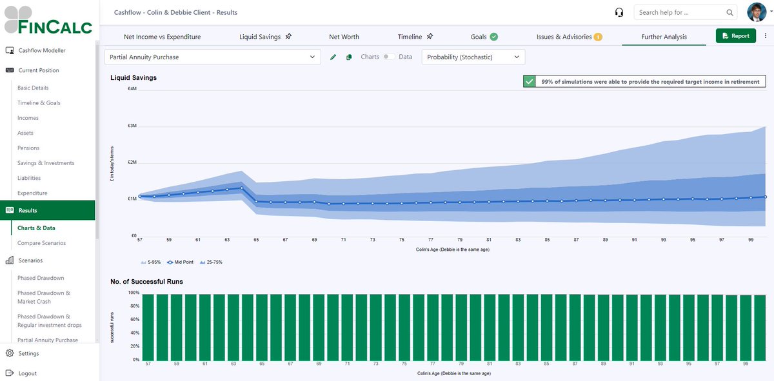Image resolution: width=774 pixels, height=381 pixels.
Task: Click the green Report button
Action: [x=735, y=36]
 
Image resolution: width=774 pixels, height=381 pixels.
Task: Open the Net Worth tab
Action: [x=344, y=37]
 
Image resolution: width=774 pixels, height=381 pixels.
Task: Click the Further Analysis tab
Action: [x=664, y=37]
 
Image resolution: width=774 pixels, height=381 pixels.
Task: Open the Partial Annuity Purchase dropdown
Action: [x=212, y=57]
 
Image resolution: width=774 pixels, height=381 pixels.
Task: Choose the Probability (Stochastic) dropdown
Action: [x=473, y=57]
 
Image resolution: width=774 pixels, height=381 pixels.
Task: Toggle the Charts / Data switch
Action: [x=388, y=57]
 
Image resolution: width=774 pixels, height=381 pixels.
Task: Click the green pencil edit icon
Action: [x=333, y=57]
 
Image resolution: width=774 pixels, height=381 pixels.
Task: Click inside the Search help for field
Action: [x=680, y=12]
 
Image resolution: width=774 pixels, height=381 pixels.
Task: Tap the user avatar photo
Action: [x=757, y=12]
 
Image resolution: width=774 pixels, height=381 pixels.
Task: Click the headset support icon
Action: [x=619, y=12]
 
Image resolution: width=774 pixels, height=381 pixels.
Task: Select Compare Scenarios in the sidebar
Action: [x=41, y=243]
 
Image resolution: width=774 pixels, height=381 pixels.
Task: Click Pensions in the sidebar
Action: [x=28, y=148]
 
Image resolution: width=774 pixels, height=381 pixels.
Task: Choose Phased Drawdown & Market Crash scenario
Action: [x=44, y=297]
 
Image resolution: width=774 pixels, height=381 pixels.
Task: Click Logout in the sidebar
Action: [x=27, y=373]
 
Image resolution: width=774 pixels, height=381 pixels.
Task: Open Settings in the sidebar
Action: [x=28, y=353]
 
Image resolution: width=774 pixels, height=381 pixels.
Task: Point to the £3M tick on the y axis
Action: [x=132, y=126]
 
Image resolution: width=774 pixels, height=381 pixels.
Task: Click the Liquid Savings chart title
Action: [x=134, y=77]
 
